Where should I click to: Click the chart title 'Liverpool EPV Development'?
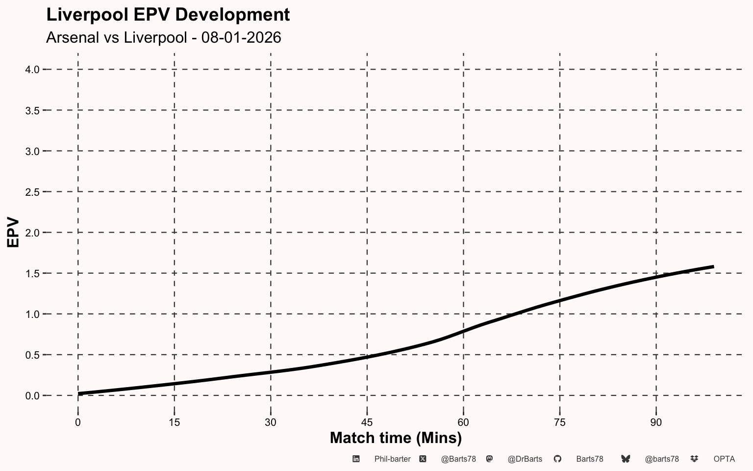click(168, 15)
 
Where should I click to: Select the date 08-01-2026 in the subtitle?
click(241, 37)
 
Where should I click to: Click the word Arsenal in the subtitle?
click(73, 37)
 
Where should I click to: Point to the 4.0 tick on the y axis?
click(32, 70)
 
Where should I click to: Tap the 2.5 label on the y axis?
click(32, 192)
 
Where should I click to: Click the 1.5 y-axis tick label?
click(32, 273)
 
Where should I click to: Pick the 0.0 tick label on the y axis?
click(32, 396)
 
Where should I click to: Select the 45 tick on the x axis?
click(367, 422)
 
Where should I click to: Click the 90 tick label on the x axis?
click(656, 422)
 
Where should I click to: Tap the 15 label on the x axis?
click(174, 422)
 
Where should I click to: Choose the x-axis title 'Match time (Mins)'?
click(396, 438)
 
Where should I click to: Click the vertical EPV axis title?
click(13, 233)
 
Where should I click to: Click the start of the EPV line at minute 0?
click(78, 393)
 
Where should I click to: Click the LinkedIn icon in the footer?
click(356, 459)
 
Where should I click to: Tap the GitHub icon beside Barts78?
click(557, 459)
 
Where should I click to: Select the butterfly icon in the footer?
click(626, 459)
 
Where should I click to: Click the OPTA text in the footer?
click(724, 459)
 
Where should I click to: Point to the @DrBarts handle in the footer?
click(525, 459)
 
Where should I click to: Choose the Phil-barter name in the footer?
click(392, 459)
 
